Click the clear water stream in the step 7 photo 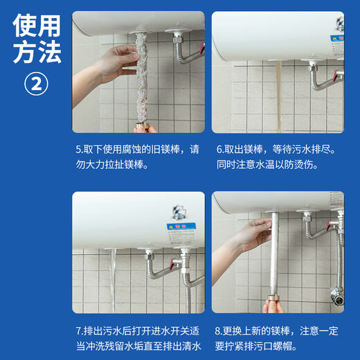pos(113,280)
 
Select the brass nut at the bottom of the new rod pos(272,305)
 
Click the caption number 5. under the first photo pos(79,149)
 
